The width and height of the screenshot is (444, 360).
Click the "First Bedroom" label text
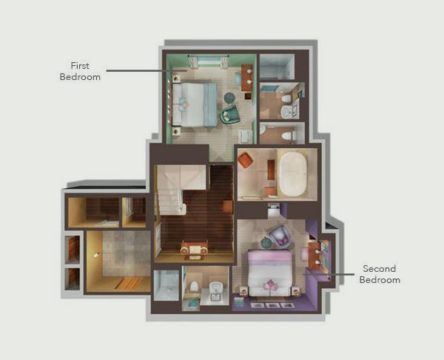[x=79, y=70]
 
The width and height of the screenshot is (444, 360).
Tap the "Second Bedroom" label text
[x=379, y=274]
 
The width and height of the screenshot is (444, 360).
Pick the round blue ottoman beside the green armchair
[x=229, y=96]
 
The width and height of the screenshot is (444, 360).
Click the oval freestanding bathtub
[x=297, y=173]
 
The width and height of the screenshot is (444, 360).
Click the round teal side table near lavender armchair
[x=266, y=242]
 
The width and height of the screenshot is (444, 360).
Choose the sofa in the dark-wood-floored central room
[x=194, y=249]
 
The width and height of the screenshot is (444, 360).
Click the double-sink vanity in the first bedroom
[x=246, y=77]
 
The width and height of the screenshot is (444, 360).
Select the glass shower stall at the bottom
[x=166, y=284]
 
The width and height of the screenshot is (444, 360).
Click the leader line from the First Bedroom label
[x=133, y=71]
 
